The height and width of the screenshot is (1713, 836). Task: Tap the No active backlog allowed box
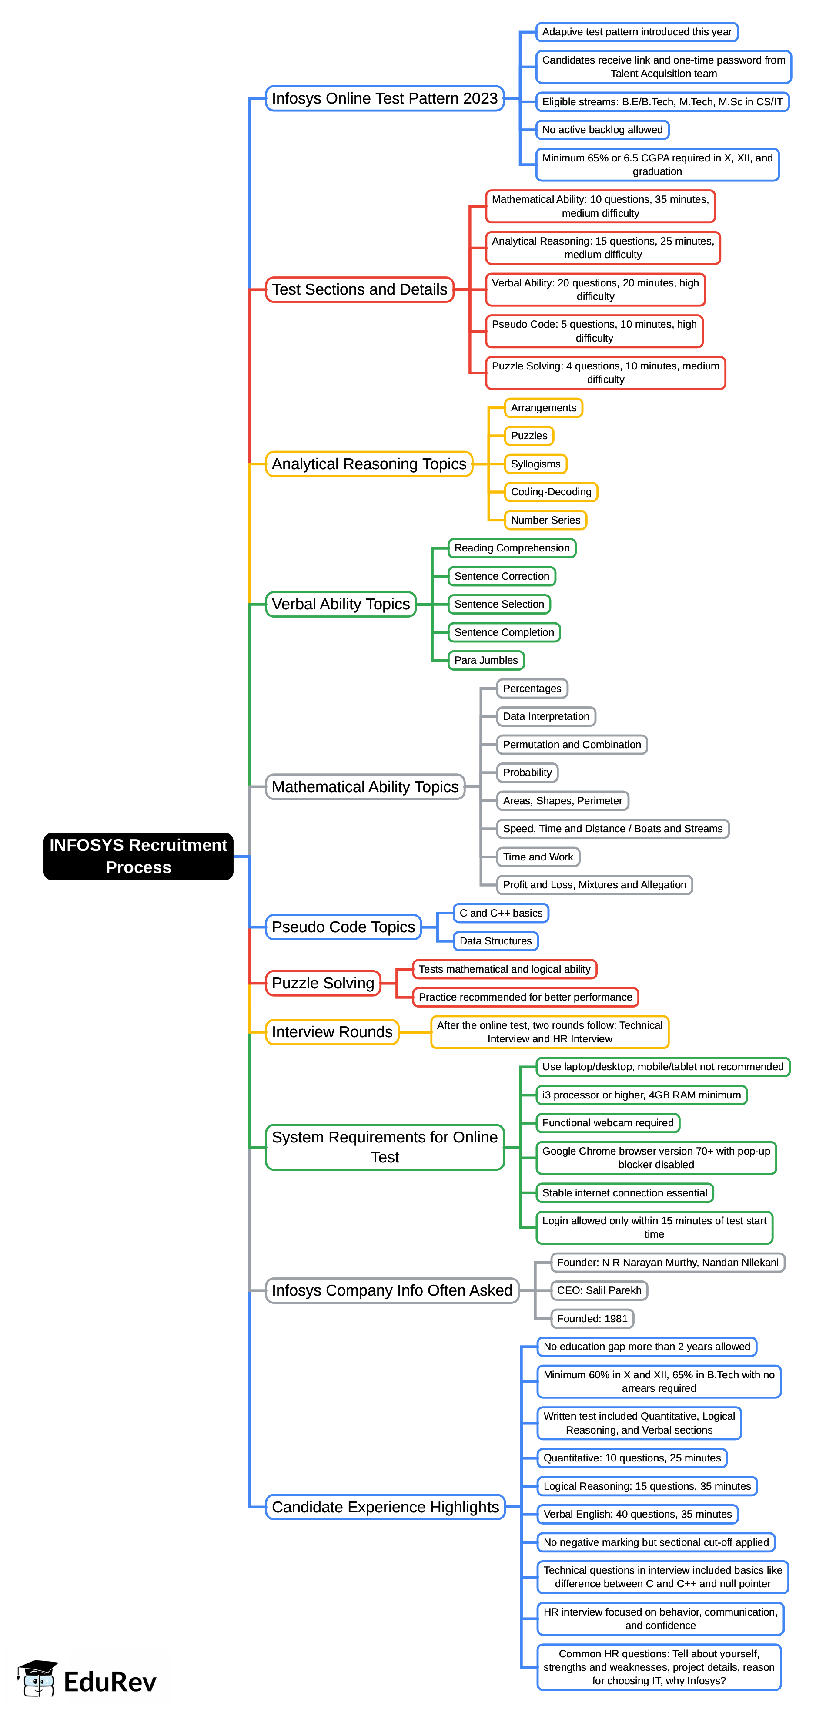point(602,130)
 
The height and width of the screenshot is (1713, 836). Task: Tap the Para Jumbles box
point(486,660)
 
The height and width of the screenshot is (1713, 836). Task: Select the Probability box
point(527,773)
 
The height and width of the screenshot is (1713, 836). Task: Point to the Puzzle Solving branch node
point(323,983)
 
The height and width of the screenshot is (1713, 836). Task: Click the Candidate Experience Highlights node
point(385,1507)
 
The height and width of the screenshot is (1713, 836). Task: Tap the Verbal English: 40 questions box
point(637,1514)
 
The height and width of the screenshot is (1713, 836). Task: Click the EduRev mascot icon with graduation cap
point(38,1678)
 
